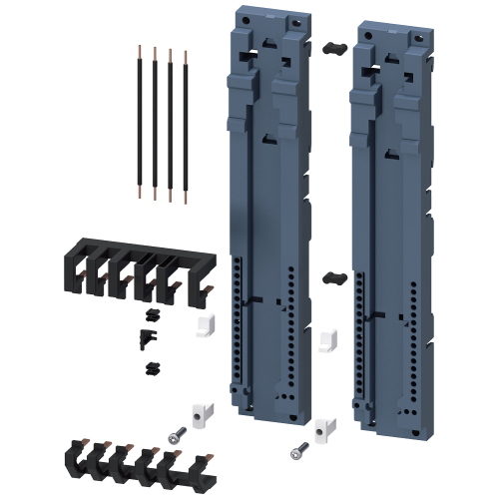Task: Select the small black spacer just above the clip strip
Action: (152, 368)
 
